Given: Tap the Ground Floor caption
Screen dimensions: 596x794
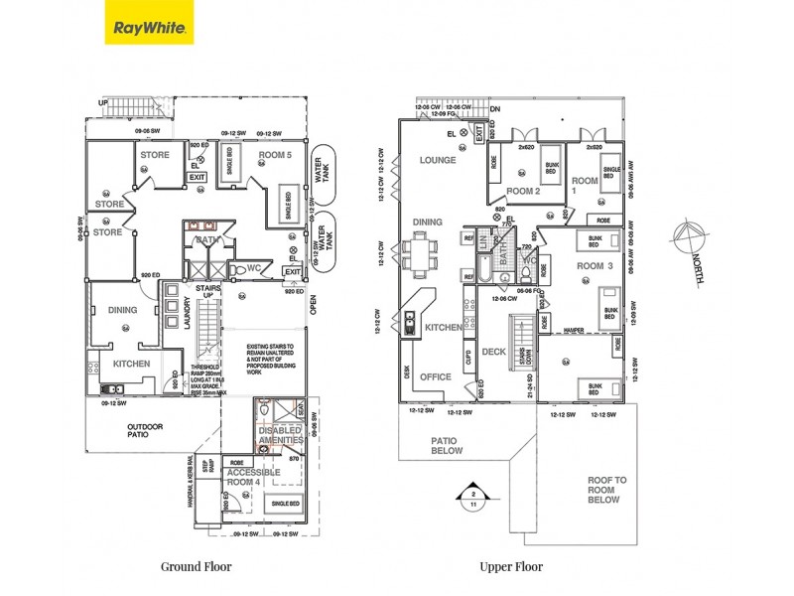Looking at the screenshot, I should (197, 567).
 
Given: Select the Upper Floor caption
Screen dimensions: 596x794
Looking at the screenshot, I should (510, 567).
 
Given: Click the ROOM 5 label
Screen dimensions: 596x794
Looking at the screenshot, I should (275, 155).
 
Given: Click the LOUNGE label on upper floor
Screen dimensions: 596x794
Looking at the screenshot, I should (437, 160).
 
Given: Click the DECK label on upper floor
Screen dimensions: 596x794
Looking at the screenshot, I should (494, 352).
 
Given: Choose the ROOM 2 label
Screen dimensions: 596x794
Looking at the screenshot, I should (522, 191).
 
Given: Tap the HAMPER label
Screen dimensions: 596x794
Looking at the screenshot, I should (574, 328).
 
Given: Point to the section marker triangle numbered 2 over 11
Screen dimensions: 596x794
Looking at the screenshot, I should (474, 498).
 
